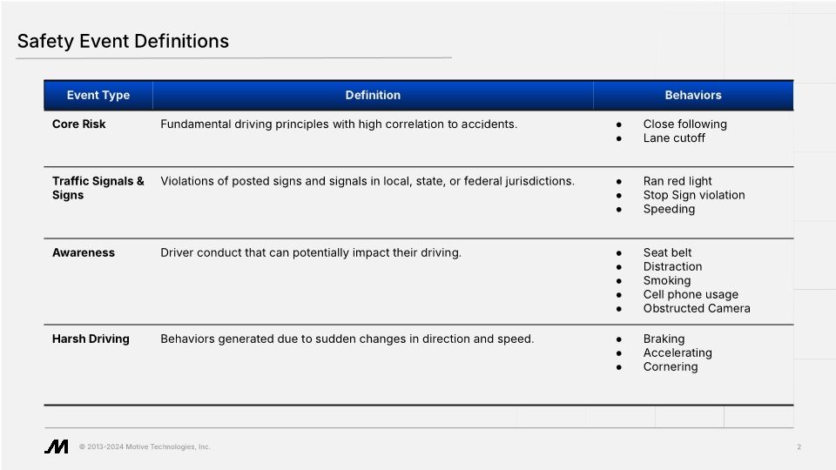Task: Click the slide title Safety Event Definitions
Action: pyautogui.click(x=123, y=41)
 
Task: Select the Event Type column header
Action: pyautogui.click(x=98, y=95)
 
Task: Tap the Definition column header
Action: pyautogui.click(x=373, y=95)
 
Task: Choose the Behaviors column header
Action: pyautogui.click(x=693, y=95)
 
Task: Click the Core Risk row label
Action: pyautogui.click(x=79, y=124)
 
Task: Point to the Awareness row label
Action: pyautogui.click(x=84, y=252)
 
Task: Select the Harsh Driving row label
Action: pyautogui.click(x=91, y=339)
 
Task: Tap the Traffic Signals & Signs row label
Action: pyautogui.click(x=98, y=188)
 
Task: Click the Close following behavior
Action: pyautogui.click(x=684, y=124)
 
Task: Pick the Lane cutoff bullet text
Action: pyautogui.click(x=674, y=138)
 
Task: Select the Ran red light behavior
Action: pyautogui.click(x=678, y=181)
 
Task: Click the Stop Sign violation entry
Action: pyautogui.click(x=694, y=195)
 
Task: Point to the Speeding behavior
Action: pyautogui.click(x=669, y=209)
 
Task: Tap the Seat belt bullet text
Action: pyautogui.click(x=667, y=252)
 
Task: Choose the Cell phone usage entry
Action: pyautogui.click(x=691, y=294)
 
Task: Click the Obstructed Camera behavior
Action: pyautogui.click(x=697, y=308)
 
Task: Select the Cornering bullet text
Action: pyautogui.click(x=671, y=366)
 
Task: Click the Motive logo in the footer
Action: pyautogui.click(x=57, y=446)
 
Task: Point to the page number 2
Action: pyautogui.click(x=799, y=447)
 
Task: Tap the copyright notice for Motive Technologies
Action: pyautogui.click(x=145, y=447)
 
